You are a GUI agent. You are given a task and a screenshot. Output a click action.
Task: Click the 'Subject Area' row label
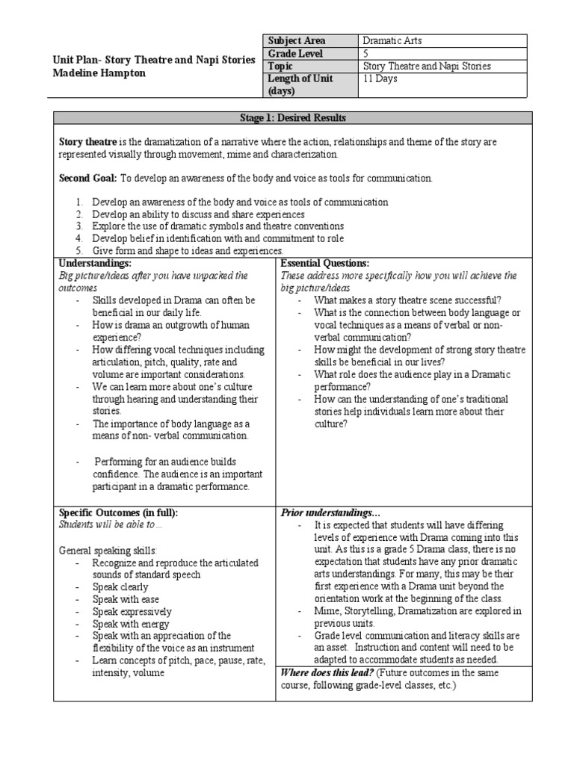tap(297, 40)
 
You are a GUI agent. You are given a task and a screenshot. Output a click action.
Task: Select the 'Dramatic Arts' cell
tap(393, 40)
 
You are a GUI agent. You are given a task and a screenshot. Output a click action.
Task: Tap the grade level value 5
tap(365, 54)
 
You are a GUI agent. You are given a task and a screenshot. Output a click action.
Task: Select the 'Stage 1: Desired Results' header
tap(292, 118)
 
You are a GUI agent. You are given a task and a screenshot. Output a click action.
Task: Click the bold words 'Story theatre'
tap(86, 142)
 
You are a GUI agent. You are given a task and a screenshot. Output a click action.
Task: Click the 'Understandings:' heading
tap(95, 264)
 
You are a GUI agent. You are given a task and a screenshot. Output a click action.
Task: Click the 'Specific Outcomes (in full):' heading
tap(119, 512)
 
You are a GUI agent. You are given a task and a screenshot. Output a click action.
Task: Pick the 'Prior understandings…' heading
tap(330, 512)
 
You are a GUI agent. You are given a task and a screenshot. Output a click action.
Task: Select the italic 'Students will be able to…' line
tap(110, 524)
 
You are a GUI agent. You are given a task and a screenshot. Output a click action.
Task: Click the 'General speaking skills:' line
tap(108, 551)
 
